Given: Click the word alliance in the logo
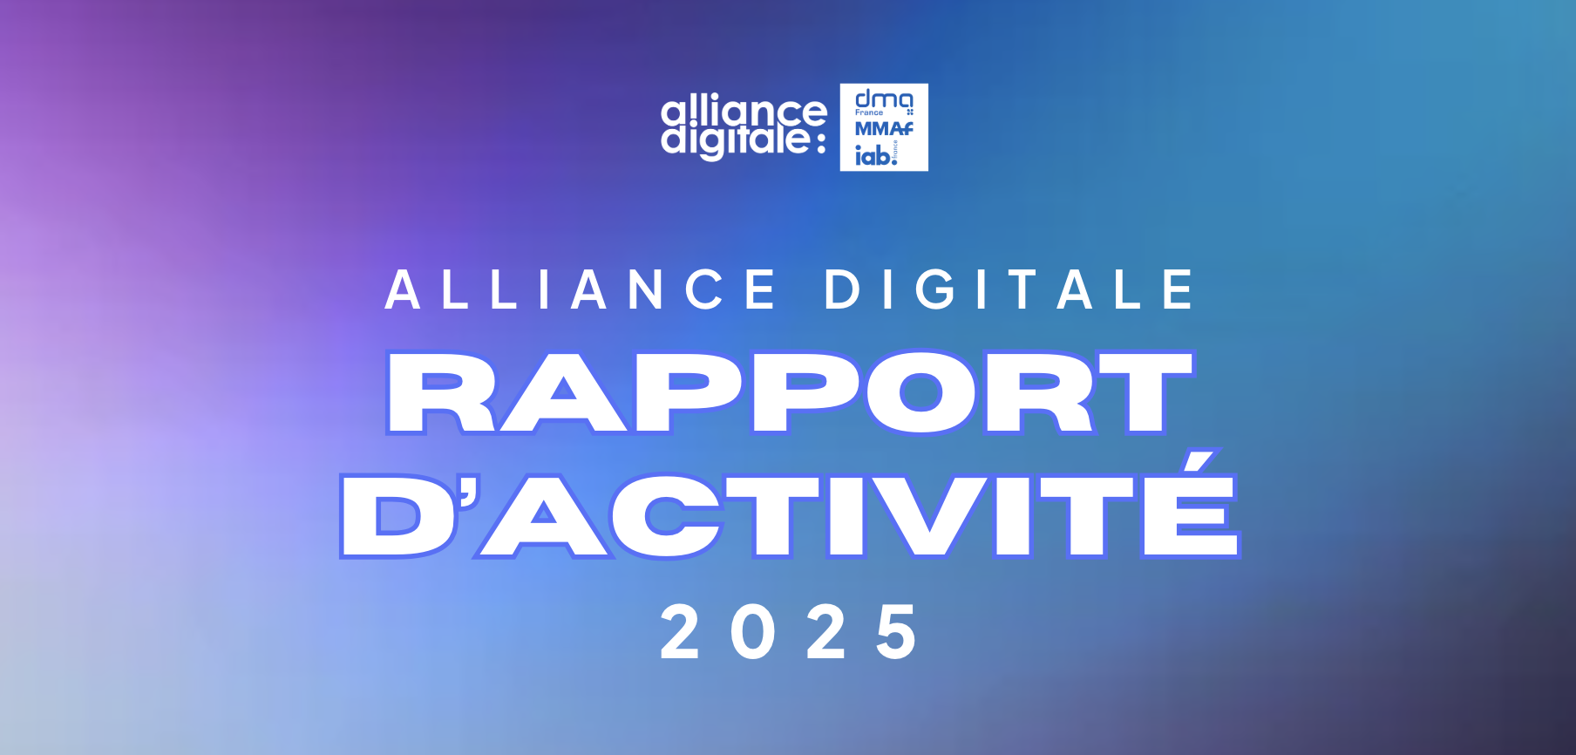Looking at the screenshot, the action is (744, 112).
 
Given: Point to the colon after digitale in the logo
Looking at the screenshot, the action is (820, 143).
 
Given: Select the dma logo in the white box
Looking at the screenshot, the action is (884, 102).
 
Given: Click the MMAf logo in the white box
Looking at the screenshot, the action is (884, 129).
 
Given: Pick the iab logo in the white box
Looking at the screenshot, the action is (876, 154).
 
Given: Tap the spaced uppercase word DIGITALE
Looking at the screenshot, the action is (1009, 289).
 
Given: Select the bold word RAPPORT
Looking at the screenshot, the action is (791, 392).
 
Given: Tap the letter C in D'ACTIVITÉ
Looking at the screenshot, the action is (667, 515).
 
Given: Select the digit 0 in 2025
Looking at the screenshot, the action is (753, 631).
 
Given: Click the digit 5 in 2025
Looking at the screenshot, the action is (897, 631).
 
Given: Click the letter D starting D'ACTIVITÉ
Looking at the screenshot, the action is (397, 516).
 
